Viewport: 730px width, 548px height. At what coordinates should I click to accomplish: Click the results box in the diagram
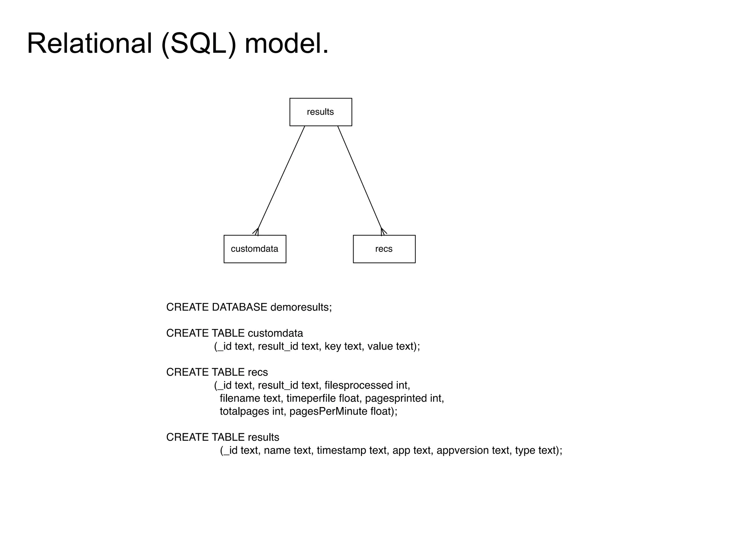click(320, 112)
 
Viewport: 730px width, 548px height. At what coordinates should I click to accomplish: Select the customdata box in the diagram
click(255, 249)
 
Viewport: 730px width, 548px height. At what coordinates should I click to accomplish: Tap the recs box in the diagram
click(384, 249)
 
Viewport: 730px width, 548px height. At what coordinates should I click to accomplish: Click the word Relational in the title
click(89, 44)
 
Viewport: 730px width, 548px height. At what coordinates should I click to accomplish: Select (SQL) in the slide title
click(199, 44)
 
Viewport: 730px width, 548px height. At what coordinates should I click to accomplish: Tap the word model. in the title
click(286, 44)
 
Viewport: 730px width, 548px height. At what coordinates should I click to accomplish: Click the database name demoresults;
click(301, 307)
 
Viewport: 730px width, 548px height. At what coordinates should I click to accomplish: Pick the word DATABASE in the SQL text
click(239, 307)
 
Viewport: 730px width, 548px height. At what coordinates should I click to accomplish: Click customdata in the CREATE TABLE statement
click(275, 333)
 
